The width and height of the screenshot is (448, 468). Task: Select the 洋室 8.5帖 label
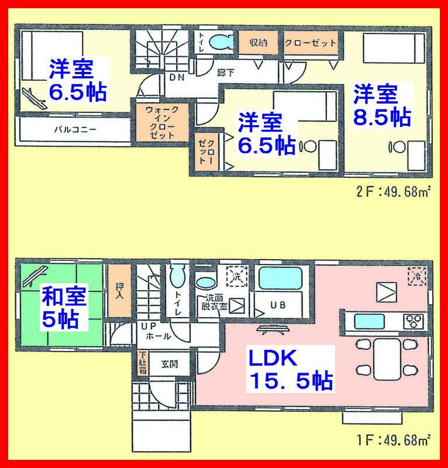381,105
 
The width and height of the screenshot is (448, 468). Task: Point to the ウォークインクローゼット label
158,122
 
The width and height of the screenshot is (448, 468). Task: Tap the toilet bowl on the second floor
220,42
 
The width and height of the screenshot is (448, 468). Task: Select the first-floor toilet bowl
177,276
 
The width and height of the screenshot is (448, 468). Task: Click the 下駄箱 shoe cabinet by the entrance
143,362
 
